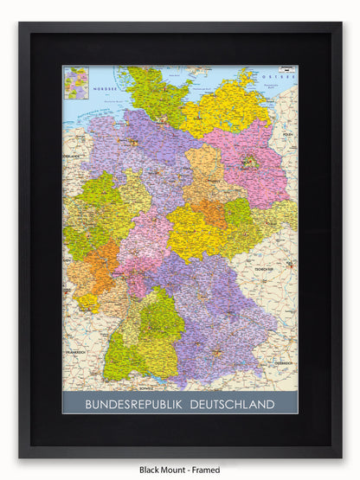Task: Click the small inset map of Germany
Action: coord(76,84)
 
